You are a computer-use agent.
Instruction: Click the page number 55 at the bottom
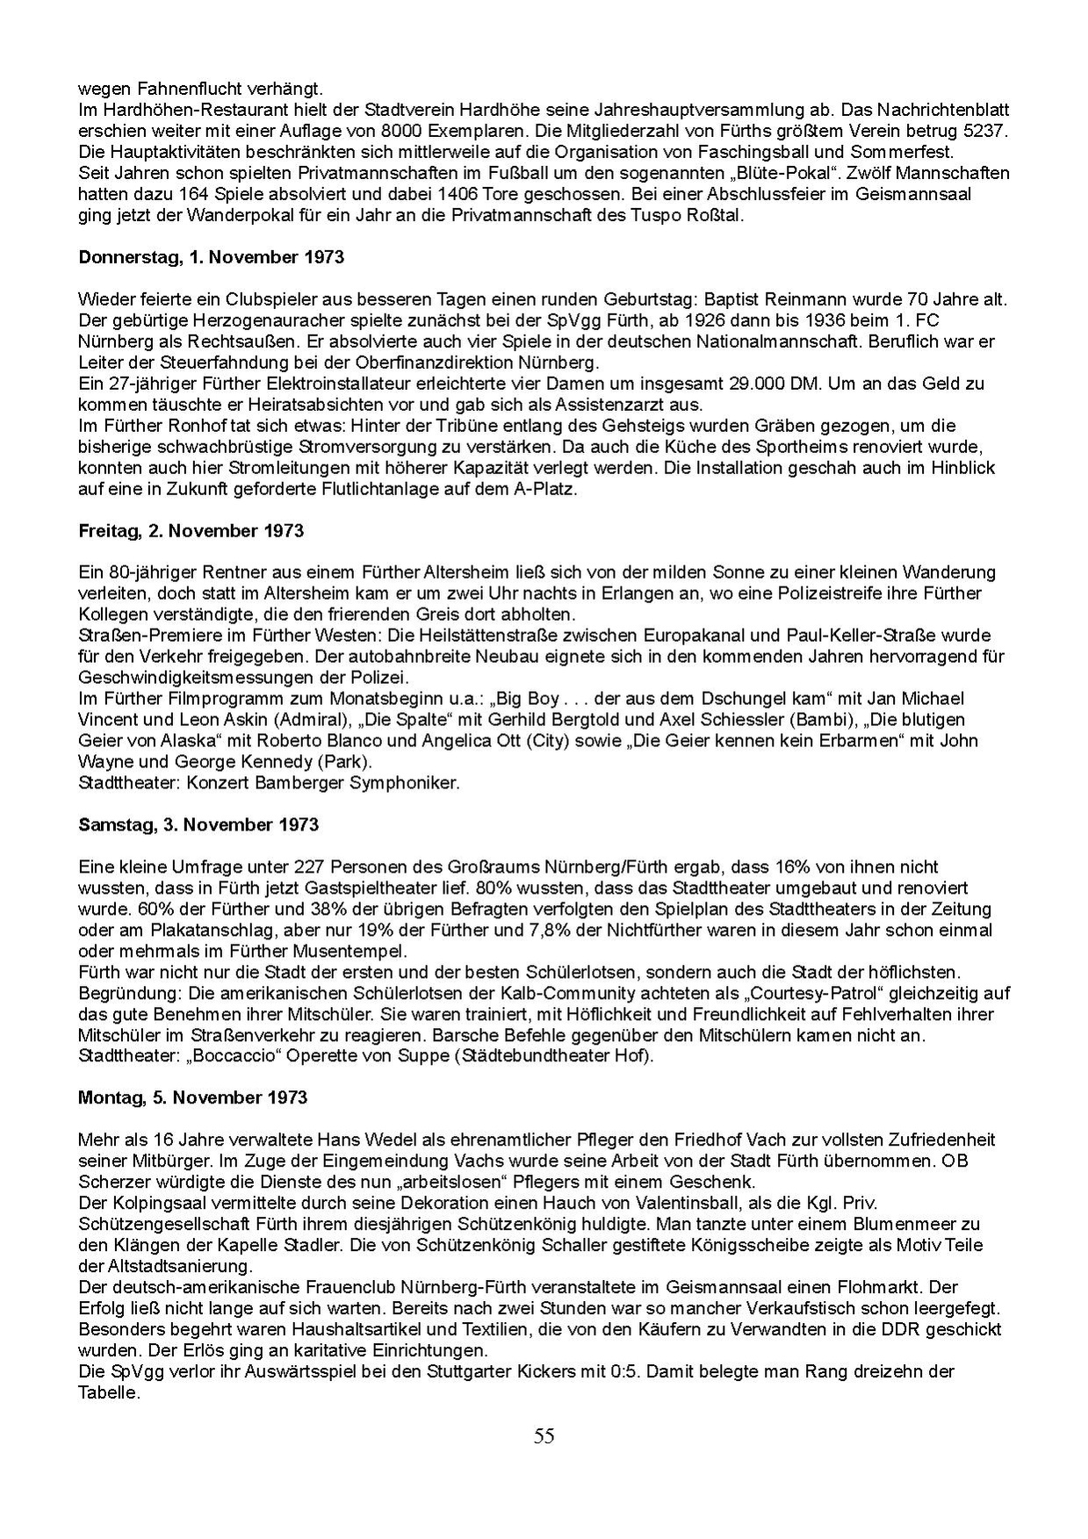point(544,1436)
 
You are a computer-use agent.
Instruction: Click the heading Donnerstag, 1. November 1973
point(211,257)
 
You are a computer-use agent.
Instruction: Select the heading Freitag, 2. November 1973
point(191,530)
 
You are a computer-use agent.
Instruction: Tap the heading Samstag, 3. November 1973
point(198,824)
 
